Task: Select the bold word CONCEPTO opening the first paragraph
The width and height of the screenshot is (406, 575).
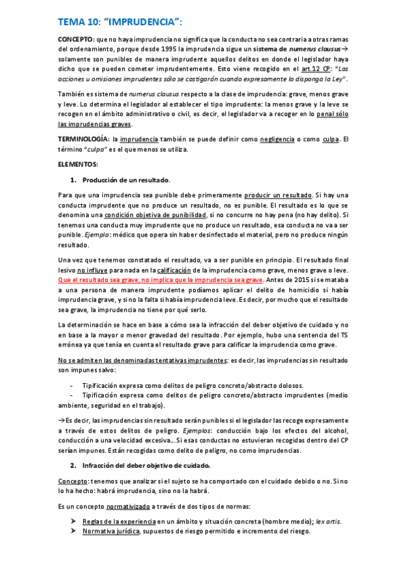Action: (x=76, y=41)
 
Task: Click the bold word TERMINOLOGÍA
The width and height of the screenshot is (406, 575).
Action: (x=84, y=140)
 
